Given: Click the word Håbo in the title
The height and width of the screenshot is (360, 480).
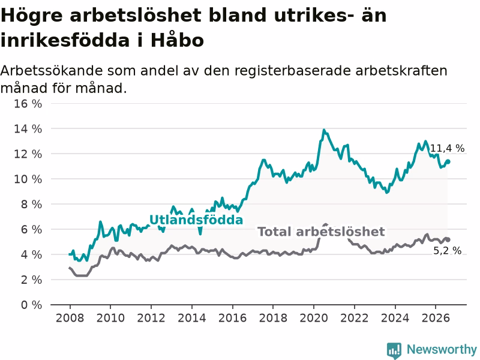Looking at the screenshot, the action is coord(177,40).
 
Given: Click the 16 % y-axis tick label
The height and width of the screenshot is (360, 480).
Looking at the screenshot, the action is coord(28,104).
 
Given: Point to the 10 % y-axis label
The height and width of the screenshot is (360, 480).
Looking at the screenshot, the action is coord(28,179).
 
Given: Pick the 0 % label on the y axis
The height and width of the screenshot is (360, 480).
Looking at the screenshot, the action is coord(31,305).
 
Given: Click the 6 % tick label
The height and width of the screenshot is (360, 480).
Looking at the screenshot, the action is coord(31,229).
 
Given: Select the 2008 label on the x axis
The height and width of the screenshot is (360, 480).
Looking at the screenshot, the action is coord(70,318).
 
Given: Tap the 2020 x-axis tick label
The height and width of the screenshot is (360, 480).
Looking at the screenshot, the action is coord(314,318).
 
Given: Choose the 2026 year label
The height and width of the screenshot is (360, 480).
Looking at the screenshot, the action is coord(436,318).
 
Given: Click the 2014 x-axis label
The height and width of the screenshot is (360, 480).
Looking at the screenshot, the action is coord(192,318).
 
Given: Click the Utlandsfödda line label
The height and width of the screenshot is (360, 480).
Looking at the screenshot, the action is coord(196,220).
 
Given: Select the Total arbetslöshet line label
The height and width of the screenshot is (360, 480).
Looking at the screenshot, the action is coord(321,232).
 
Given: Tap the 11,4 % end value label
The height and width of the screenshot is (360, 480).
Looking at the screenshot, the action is coord(447,148).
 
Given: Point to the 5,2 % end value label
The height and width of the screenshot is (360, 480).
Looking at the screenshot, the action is coord(447,251).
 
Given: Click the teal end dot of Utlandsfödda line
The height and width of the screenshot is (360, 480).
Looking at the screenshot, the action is coord(448,161).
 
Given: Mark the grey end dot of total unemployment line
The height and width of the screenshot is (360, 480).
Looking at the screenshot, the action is coord(448,239).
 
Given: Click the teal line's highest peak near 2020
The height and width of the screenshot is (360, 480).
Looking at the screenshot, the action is coord(324,130).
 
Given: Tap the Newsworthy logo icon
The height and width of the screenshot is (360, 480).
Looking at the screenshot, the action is coord(394,350).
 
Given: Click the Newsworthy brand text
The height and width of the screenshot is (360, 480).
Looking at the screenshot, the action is coord(442,349).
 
